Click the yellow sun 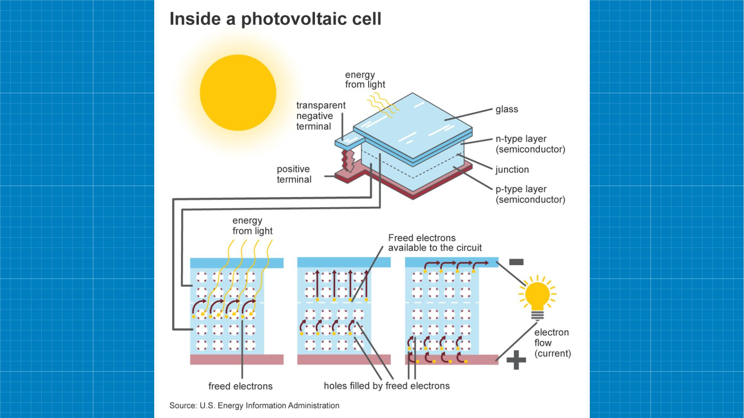click(238, 93)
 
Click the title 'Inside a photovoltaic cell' click(276, 19)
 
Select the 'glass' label click(506, 109)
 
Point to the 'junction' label click(512, 170)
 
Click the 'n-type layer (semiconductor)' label click(530, 144)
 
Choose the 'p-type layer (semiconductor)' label click(530, 194)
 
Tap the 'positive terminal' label click(294, 174)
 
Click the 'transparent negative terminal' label click(320, 116)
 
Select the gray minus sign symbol click(516, 262)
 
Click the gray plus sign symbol click(516, 360)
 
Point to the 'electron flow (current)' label click(552, 343)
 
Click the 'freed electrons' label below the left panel click(240, 386)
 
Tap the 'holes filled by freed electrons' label click(387, 386)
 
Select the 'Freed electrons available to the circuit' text click(435, 243)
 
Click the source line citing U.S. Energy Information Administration click(254, 406)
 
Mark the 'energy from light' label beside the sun click(365, 80)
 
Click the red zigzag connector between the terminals click(348, 161)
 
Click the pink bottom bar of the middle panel click(344, 360)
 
